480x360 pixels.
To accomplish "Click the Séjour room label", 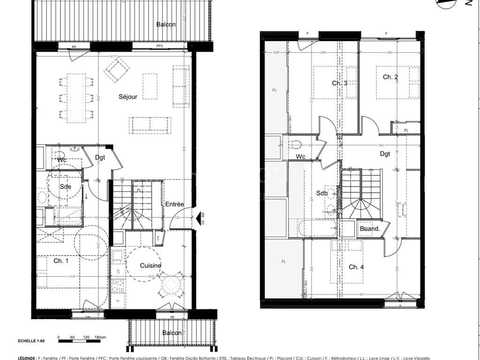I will coord(128,97).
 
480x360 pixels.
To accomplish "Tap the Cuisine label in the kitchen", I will coord(150,266).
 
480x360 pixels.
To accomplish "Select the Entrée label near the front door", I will coord(174,204).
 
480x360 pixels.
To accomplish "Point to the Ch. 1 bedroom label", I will coord(61,261).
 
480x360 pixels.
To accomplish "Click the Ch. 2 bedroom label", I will coord(390,77).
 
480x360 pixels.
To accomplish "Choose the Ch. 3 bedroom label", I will coord(339,83).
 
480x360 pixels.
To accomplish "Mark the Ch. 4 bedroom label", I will coord(356,267).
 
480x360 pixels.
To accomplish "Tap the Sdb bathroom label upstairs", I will coord(322,193).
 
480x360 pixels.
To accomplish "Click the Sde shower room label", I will coord(66,187).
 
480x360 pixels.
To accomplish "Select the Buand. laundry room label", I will coord(369,229).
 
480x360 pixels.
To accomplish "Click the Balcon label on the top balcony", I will coord(166,24).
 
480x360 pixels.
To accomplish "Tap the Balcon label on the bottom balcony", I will coord(172,333).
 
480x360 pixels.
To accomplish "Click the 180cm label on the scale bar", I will coord(99,337).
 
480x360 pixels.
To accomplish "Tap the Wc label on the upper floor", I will coord(300,157).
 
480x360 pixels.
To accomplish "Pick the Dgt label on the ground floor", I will coord(100,157).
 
